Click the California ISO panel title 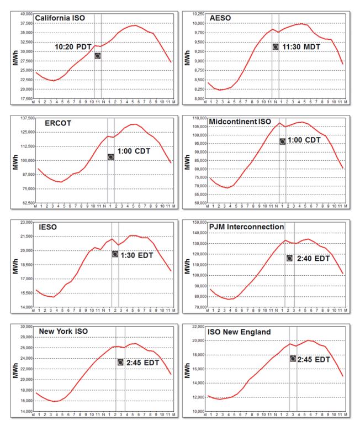click(63, 18)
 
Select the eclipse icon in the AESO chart click(276, 46)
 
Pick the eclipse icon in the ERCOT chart click(110, 157)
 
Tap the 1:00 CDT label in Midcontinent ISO click(304, 140)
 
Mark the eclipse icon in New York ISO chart click(120, 363)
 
